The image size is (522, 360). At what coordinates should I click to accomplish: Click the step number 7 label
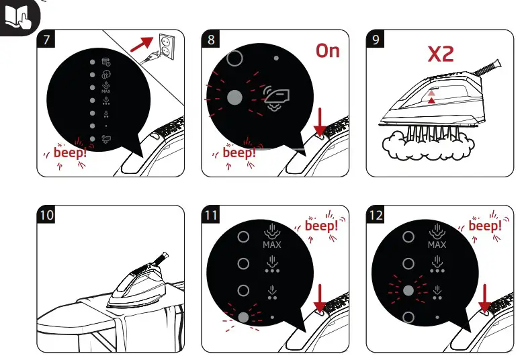click(x=46, y=39)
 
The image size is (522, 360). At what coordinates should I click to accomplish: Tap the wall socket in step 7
click(x=167, y=46)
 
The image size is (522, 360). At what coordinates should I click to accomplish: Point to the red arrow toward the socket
click(x=142, y=44)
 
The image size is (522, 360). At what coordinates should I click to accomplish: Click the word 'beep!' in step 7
click(x=70, y=152)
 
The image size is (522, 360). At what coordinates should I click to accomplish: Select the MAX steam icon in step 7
click(x=106, y=87)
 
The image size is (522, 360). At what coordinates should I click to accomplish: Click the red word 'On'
click(x=328, y=51)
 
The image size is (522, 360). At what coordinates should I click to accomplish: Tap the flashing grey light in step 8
click(x=234, y=97)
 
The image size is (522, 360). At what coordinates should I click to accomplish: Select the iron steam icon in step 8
click(x=276, y=97)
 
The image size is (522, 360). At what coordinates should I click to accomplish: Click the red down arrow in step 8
click(x=320, y=122)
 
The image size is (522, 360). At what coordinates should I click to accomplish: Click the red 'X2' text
click(x=441, y=54)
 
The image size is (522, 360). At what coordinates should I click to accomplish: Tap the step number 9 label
click(x=375, y=39)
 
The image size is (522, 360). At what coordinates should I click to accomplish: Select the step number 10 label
click(x=46, y=215)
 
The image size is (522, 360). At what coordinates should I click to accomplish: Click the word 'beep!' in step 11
click(x=321, y=226)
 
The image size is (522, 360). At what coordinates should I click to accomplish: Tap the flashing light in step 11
click(x=243, y=317)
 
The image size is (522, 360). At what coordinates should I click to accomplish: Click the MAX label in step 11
click(x=272, y=245)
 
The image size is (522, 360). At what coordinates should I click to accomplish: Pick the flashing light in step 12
click(x=408, y=290)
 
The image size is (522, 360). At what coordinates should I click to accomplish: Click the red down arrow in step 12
click(x=484, y=298)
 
